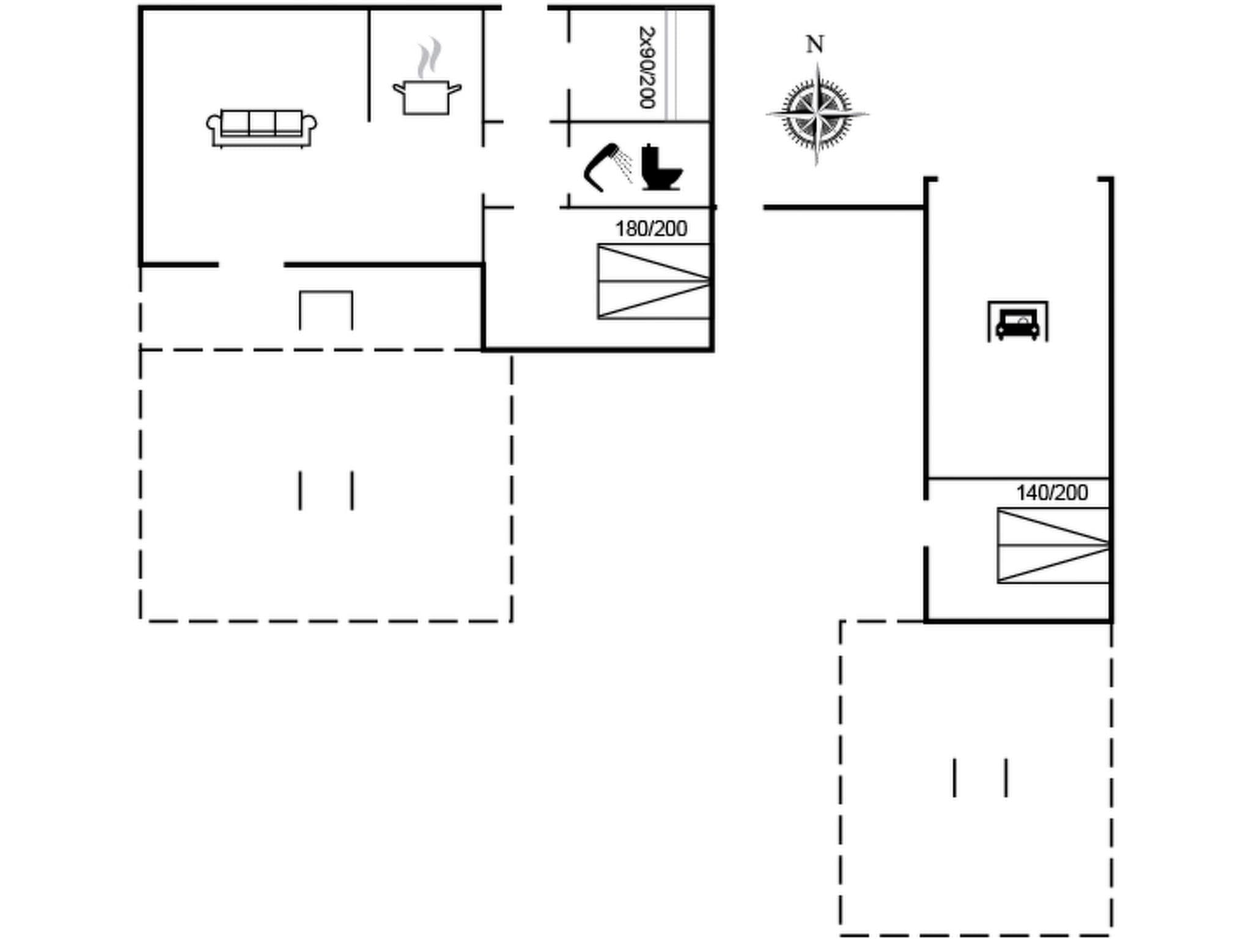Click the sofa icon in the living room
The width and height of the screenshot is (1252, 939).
[261, 128]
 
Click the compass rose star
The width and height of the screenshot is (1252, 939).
[817, 114]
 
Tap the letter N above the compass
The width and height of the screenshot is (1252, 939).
[814, 45]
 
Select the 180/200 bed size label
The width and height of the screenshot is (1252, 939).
[650, 229]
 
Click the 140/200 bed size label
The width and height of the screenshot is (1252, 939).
[1051, 493]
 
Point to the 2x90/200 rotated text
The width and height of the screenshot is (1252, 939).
[647, 67]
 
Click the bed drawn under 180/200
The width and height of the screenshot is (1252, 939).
[653, 281]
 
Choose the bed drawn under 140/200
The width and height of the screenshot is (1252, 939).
[1053, 545]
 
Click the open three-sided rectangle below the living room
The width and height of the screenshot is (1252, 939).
[326, 309]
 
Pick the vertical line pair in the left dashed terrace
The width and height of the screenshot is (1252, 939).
[326, 490]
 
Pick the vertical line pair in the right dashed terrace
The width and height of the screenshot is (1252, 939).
[980, 778]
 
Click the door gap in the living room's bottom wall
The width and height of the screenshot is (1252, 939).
[251, 265]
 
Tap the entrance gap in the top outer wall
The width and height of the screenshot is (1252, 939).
[524, 8]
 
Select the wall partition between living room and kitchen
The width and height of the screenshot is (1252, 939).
[369, 64]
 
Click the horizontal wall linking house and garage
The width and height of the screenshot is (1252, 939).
[844, 208]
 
